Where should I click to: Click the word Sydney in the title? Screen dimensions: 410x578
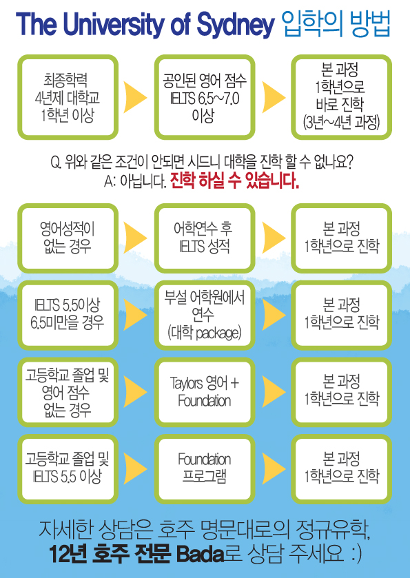[236, 25]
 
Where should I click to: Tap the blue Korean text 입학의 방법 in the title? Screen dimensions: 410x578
[336, 24]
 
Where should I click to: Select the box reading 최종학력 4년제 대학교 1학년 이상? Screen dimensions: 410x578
[68, 97]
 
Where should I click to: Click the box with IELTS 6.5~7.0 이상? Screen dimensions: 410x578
[205, 97]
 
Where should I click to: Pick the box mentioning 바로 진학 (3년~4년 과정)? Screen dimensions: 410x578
[341, 97]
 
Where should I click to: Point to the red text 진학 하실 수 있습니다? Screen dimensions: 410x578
[234, 181]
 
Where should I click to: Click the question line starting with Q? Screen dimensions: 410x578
[202, 162]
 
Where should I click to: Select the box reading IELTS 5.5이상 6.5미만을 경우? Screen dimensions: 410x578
[68, 315]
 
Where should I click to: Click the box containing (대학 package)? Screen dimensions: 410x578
[205, 315]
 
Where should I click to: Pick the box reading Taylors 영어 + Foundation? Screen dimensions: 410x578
[205, 392]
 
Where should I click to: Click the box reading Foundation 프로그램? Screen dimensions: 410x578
[205, 469]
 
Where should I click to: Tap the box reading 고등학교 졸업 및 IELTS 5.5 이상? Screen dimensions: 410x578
[68, 469]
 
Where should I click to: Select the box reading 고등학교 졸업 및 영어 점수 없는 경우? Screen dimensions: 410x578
[68, 392]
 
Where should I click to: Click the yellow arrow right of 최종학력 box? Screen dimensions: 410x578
[134, 97]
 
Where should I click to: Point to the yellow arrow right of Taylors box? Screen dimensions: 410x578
[273, 392]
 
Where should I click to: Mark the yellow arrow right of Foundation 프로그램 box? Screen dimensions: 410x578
[273, 469]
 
